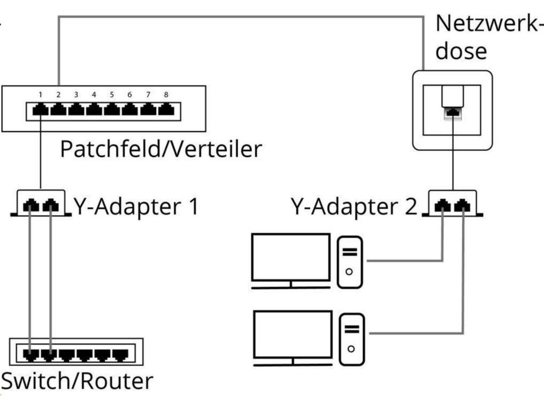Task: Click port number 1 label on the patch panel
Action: point(40,95)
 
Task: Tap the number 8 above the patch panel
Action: point(166,95)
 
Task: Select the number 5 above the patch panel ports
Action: point(112,95)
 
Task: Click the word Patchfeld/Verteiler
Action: point(161,149)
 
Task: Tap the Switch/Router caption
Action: point(77,381)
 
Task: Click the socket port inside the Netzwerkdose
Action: point(452,113)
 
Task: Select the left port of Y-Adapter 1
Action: point(31,205)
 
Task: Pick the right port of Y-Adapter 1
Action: point(50,205)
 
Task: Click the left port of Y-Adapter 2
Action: point(443,205)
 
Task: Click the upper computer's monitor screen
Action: point(291,257)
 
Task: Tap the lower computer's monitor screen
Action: point(293,334)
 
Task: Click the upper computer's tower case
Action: point(350,261)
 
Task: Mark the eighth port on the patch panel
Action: point(166,110)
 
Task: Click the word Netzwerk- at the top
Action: point(486,24)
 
